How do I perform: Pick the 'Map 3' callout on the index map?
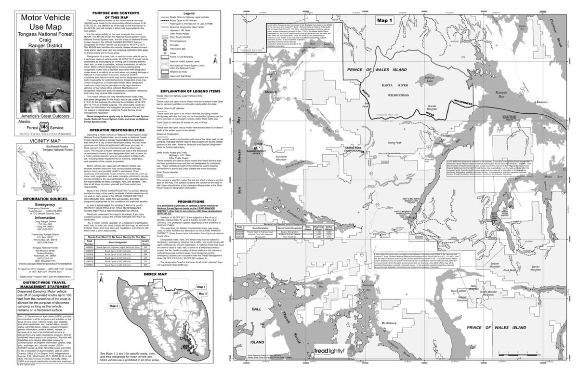click(202, 294)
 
